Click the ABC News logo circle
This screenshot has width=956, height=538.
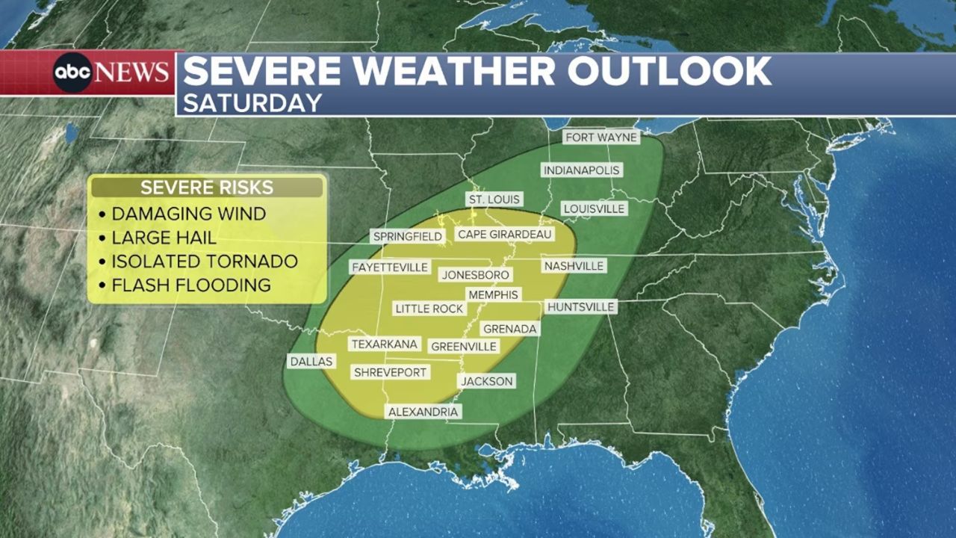coord(72,73)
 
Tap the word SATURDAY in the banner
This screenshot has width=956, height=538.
coord(252,102)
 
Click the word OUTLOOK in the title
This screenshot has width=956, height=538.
coord(668,71)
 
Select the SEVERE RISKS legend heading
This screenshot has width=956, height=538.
coord(207,188)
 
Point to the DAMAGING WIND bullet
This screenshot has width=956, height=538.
coord(188,214)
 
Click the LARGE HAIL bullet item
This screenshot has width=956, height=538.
coord(164,238)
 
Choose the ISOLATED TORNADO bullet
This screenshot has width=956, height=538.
coord(204,262)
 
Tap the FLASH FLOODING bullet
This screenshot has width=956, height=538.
coord(190,285)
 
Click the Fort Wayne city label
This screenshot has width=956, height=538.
coord(601,137)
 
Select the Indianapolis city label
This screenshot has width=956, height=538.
coord(581,170)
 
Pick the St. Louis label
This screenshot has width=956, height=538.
coord(494,200)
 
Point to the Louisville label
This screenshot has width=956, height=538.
coord(594,208)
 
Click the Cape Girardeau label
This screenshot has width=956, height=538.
coord(505,235)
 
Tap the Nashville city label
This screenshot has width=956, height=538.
coord(574,266)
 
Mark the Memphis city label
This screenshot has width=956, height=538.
coord(492,295)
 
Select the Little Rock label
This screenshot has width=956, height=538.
coord(429,309)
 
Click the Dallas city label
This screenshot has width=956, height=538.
coord(311,361)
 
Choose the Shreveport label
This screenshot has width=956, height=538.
coord(390,372)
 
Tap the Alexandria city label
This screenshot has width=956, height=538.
coord(423,412)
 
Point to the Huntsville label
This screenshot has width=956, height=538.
coord(581,307)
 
